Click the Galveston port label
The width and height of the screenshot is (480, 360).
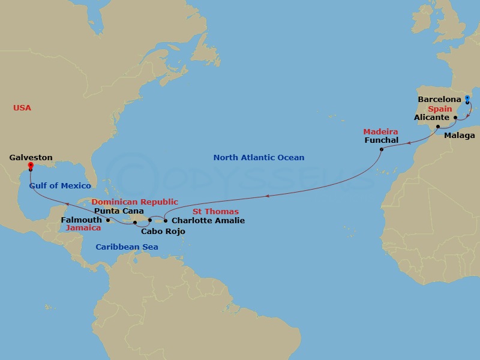click(x=31, y=158)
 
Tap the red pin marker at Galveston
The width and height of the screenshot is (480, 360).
click(x=31, y=166)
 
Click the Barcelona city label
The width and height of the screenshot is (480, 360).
click(x=439, y=99)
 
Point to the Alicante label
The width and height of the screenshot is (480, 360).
click(x=431, y=118)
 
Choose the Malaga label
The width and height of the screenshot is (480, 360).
click(x=459, y=136)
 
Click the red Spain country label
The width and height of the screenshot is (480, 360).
click(x=440, y=109)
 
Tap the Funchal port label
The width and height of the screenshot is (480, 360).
click(x=381, y=140)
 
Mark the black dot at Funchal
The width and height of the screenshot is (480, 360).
click(x=382, y=149)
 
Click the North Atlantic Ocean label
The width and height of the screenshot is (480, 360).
click(x=259, y=158)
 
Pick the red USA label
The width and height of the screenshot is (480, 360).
click(x=22, y=108)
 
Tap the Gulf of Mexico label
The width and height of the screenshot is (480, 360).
click(x=60, y=186)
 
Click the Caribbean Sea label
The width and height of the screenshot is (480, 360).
click(x=127, y=247)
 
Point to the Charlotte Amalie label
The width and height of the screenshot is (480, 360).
click(x=208, y=221)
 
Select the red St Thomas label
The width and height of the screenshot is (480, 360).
click(x=215, y=212)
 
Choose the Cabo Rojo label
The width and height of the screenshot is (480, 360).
click(x=163, y=232)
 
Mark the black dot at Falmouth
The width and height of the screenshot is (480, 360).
click(x=107, y=220)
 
